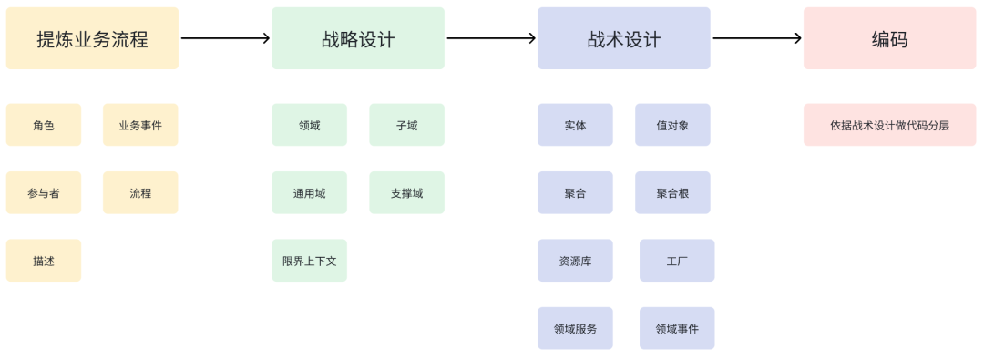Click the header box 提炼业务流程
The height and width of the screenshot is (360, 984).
point(92,38)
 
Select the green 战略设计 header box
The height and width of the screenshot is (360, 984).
point(358,38)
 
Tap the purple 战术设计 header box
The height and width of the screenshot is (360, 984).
point(624,38)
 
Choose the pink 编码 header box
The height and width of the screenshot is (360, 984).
point(889,38)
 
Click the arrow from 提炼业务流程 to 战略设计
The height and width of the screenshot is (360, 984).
point(225,38)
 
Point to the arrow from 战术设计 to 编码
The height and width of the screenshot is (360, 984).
point(756,38)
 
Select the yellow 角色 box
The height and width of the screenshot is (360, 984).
point(44,125)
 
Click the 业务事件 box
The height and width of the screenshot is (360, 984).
point(140,125)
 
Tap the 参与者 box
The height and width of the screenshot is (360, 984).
point(44,192)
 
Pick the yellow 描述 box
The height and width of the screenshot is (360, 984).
point(44,261)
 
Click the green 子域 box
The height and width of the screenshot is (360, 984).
point(406,125)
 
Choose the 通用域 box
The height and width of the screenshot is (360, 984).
point(309,192)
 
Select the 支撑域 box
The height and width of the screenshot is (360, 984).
point(406,192)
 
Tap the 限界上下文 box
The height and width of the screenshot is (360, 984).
point(309,261)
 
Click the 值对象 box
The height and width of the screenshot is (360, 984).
point(672,125)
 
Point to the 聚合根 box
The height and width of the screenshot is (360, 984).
point(672,192)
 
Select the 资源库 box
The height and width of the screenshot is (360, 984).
point(575,261)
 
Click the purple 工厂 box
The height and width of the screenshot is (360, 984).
point(677,261)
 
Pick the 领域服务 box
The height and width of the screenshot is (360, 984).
point(575,328)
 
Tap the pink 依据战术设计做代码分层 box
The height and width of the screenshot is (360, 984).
point(889,125)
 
